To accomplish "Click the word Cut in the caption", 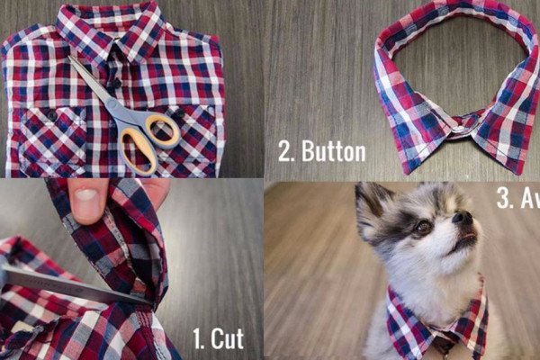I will [x=226, y=339].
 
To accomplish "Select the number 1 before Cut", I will [x=198, y=339].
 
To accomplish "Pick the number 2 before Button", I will [x=285, y=150].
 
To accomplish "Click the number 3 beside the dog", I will [x=504, y=199].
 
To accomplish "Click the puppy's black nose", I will [x=463, y=219].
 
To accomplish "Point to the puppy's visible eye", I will [x=422, y=228].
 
